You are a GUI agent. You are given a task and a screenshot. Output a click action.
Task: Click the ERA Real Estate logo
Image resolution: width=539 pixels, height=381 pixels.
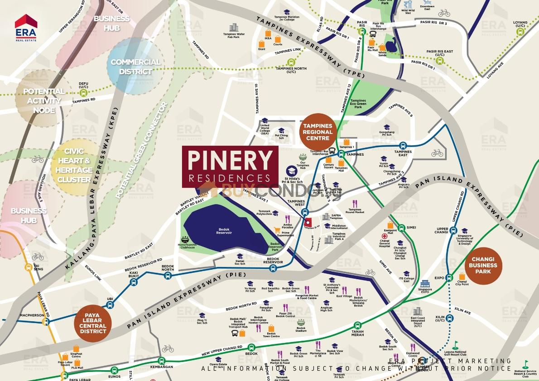coord(26,28)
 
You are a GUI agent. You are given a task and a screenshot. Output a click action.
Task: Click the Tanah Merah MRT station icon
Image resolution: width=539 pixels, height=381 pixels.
coord(357,324)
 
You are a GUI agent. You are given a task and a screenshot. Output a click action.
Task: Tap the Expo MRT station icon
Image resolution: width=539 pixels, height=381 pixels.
coord(449,277)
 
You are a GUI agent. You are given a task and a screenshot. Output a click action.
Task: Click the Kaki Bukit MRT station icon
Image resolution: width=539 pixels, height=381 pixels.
coord(133,281)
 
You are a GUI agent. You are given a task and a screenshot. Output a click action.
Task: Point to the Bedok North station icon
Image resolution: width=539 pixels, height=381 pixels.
coord(168,275)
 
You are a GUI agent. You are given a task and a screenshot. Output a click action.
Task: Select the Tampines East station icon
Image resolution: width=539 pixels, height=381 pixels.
coord(403,146)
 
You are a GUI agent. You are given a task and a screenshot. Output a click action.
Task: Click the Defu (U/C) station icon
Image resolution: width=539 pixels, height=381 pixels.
coord(83,92)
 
